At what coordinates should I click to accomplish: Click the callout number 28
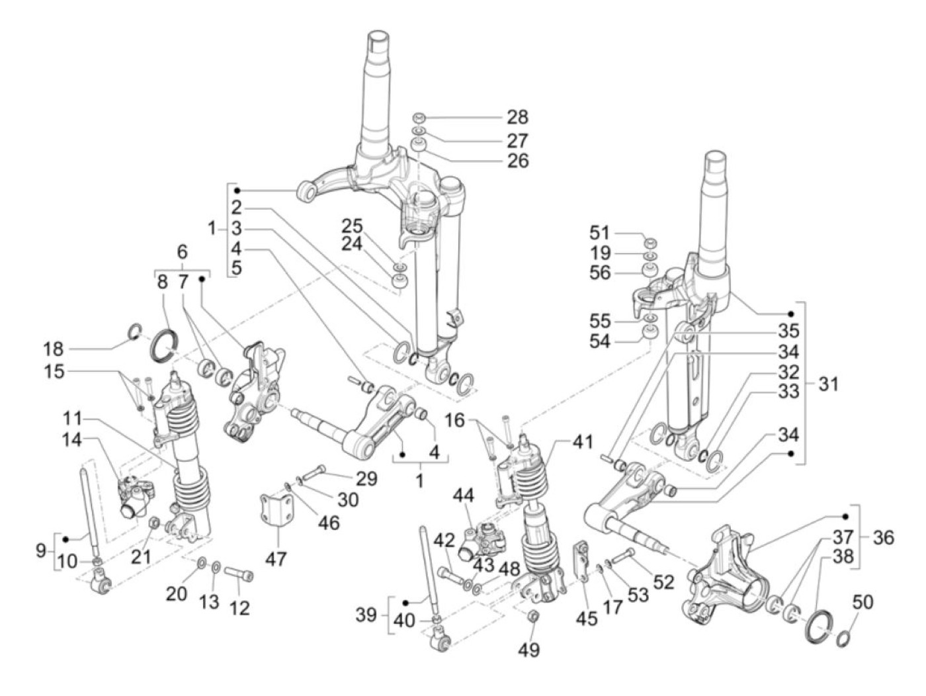pos(518,118)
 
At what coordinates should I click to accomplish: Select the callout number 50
pos(863,603)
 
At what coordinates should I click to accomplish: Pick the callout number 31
pos(827,383)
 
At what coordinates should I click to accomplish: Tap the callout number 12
pos(239,607)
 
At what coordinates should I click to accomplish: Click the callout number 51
pos(601,233)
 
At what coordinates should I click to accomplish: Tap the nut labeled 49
pos(533,618)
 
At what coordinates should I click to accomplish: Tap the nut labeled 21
pos(152,524)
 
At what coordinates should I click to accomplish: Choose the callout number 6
pos(182,251)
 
